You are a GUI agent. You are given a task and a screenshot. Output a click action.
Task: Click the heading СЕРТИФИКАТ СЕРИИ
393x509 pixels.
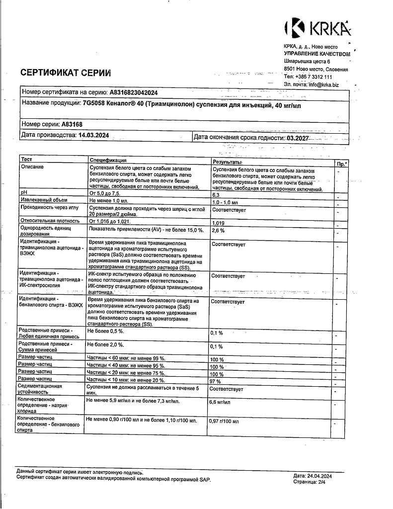(x=65, y=73)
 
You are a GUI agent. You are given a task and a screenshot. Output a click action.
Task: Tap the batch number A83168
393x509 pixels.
(x=72, y=124)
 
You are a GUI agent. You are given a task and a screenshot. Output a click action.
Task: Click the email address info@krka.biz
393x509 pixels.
(x=323, y=85)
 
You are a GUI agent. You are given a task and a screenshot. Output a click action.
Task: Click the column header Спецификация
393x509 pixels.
(x=107, y=160)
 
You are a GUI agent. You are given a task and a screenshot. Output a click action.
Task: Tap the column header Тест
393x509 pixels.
(x=27, y=160)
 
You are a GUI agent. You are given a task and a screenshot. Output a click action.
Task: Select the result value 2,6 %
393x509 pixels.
(x=219, y=231)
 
